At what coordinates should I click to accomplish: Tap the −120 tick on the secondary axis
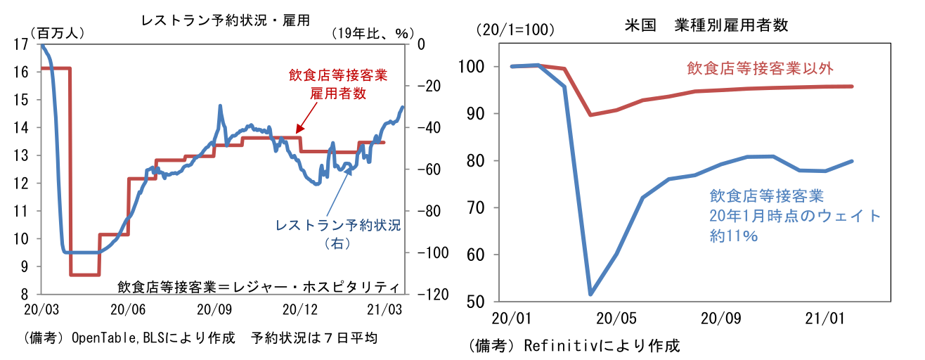pyautogui.click(x=428, y=295)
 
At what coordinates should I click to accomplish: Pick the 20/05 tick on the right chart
pyautogui.click(x=616, y=316)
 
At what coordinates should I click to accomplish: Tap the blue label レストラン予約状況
pyautogui.click(x=337, y=226)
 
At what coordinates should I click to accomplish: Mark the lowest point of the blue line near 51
pyautogui.click(x=590, y=294)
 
